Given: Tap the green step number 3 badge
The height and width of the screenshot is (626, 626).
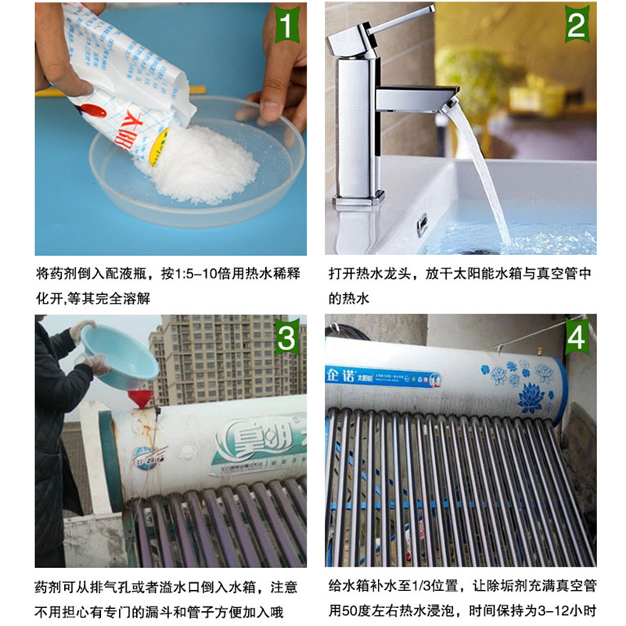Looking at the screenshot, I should coord(286,339).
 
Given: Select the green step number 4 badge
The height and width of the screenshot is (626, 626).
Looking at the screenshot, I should coord(576,339).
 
